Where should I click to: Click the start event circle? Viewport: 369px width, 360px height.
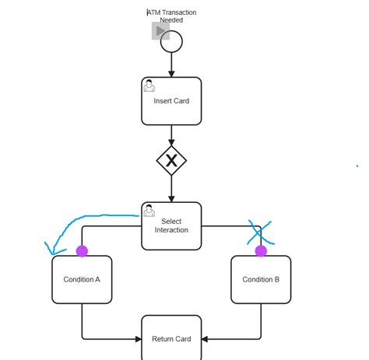tap(171, 41)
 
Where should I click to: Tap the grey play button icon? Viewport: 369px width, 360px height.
tap(160, 31)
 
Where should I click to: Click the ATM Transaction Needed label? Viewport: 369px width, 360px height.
tap(171, 16)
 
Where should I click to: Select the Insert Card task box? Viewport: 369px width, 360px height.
tap(171, 101)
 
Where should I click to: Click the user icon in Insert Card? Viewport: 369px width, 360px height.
tap(149, 86)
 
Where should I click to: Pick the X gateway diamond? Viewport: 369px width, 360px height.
tap(171, 161)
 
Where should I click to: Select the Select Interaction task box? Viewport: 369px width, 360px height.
tap(171, 225)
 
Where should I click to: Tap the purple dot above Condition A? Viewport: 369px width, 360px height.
tap(82, 251)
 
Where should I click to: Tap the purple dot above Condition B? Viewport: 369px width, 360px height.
tap(261, 251)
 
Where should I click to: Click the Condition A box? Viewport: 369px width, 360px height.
tap(82, 279)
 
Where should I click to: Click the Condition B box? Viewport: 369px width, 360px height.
tap(261, 279)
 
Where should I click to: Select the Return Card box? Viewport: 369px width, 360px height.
tap(171, 339)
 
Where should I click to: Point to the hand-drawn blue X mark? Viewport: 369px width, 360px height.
tap(260, 232)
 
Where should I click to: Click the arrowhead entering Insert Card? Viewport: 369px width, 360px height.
tap(171, 73)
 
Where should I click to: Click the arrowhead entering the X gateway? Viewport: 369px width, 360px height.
tap(171, 141)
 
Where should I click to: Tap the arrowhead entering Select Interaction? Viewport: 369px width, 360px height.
tap(171, 197)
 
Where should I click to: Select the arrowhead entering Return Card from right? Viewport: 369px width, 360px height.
tap(206, 339)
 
